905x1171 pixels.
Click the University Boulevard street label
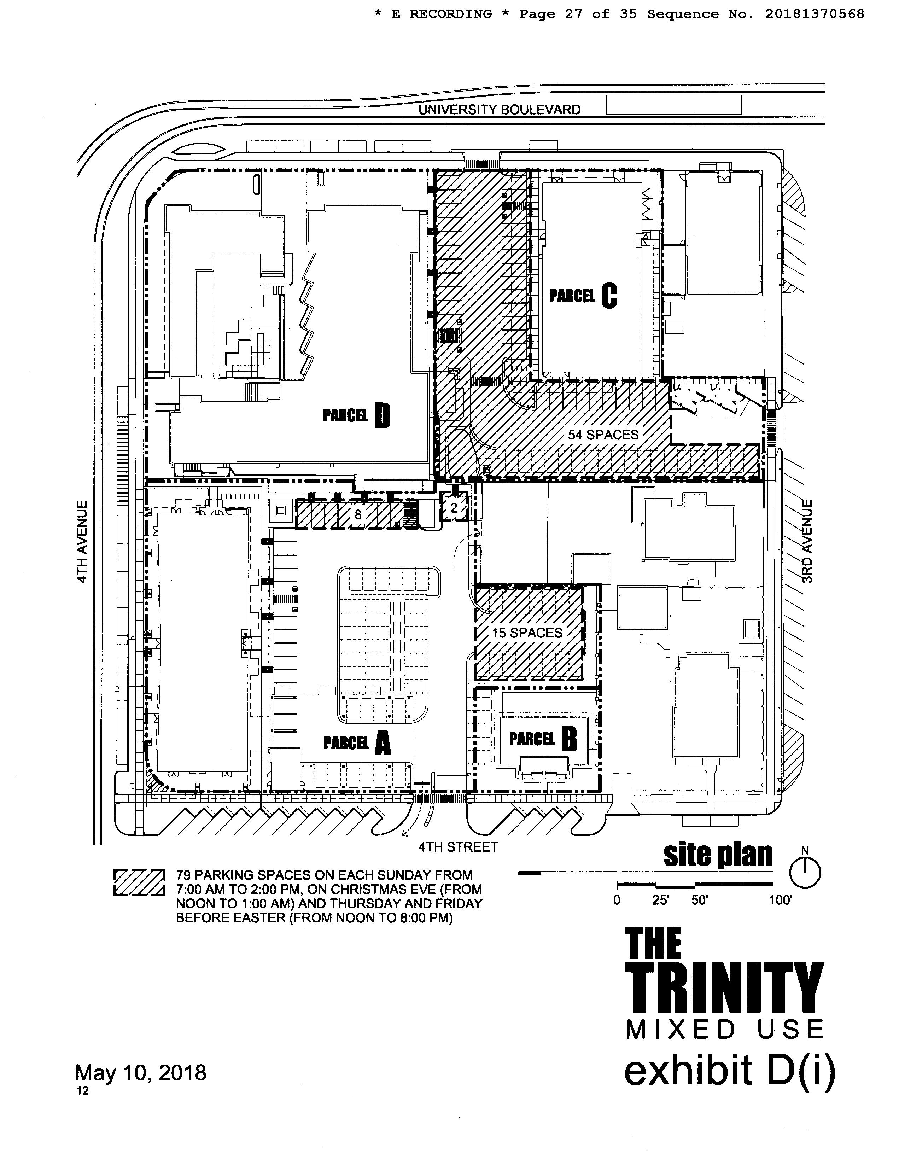click(499, 110)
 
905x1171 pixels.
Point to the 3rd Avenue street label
click(807, 541)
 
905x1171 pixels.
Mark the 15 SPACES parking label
click(527, 633)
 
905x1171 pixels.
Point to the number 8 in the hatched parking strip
click(358, 515)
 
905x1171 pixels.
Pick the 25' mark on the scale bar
click(660, 900)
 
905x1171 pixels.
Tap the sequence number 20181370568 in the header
click(814, 14)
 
